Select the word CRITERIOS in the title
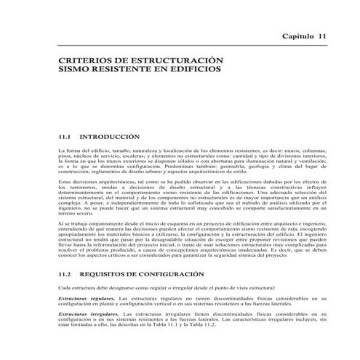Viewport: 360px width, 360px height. click(81, 63)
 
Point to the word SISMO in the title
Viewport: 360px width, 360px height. click(73, 74)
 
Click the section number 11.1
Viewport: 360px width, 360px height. click(65, 136)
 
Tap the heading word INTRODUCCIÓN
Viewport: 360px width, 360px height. click(108, 136)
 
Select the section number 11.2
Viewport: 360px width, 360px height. click(65, 275)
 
